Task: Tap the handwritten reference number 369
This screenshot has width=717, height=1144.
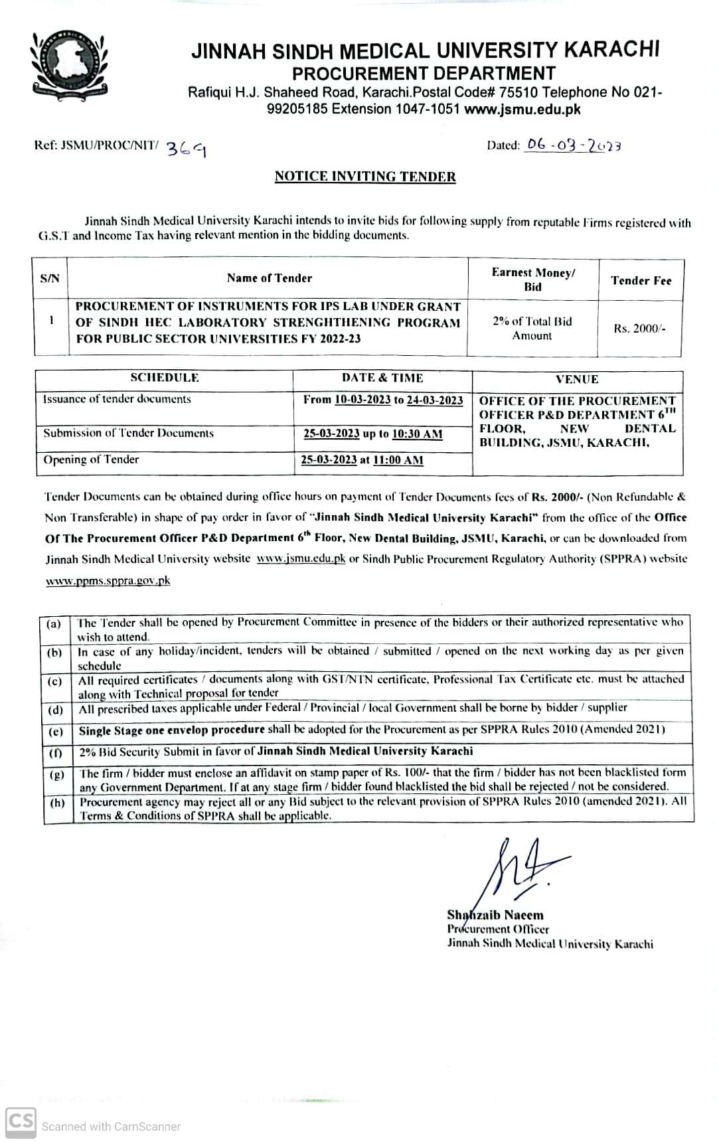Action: (x=185, y=149)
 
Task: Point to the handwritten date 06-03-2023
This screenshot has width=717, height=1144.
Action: (x=573, y=145)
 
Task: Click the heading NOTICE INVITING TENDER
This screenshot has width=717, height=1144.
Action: (x=365, y=177)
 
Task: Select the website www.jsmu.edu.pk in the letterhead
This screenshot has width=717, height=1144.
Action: (x=522, y=110)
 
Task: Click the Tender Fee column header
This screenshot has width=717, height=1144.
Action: (x=641, y=280)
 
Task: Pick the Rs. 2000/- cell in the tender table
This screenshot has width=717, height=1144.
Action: (x=639, y=329)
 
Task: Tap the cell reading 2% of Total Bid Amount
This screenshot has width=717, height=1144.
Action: (x=532, y=329)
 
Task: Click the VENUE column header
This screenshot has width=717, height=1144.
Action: (x=577, y=379)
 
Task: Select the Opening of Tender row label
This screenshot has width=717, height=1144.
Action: (x=91, y=459)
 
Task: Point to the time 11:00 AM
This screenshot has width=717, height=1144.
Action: (x=398, y=460)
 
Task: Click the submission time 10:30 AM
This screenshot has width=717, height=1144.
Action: (x=417, y=434)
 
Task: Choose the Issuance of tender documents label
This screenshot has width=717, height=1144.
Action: (x=117, y=399)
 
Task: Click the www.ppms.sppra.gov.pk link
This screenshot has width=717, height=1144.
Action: (x=108, y=580)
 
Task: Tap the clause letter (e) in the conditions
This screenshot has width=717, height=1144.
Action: (x=56, y=731)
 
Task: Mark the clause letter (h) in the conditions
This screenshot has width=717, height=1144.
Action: (x=57, y=802)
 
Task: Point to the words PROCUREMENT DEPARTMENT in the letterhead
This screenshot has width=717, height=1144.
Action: (x=424, y=73)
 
